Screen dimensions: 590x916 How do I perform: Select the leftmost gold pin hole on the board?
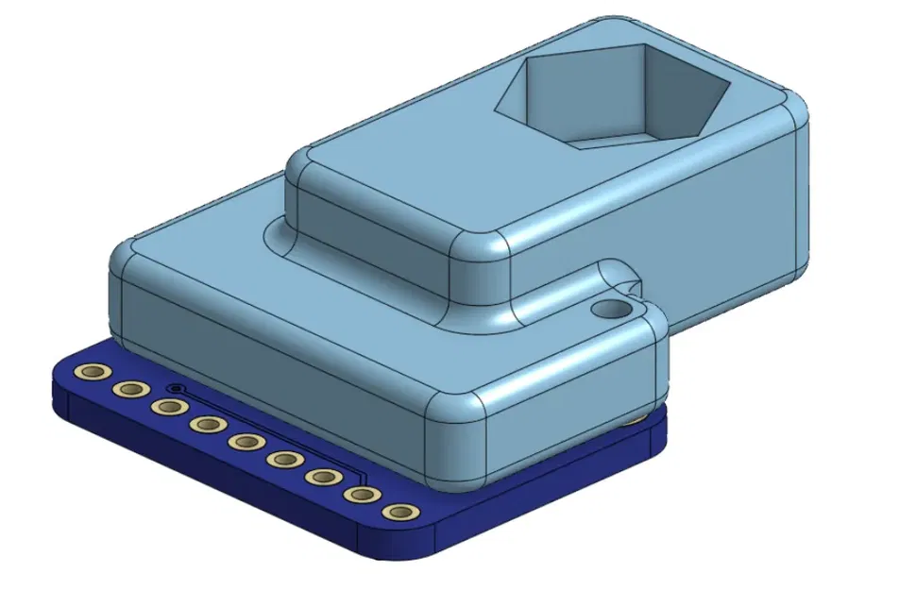pos(93,372)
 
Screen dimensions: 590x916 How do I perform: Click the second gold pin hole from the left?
pos(127,389)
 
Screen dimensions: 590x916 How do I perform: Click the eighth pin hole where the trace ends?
pos(361,494)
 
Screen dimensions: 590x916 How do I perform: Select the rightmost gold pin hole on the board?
pos(400,513)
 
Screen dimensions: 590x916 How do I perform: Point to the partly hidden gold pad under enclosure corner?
pos(643,416)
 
